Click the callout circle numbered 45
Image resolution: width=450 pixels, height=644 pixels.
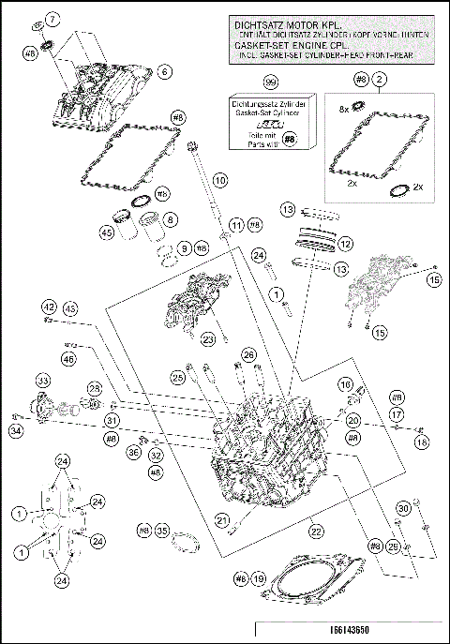(x=108, y=233)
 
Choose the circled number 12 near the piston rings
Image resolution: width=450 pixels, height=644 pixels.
(x=346, y=244)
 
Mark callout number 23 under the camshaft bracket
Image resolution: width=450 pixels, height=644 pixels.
(x=209, y=339)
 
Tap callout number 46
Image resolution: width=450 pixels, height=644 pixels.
(x=67, y=357)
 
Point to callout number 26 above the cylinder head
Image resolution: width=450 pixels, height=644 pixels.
(x=248, y=354)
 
